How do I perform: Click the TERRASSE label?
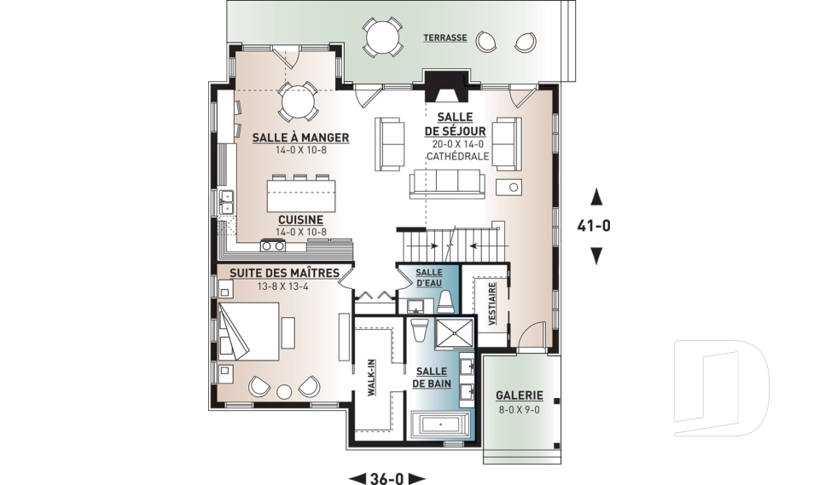click(x=445, y=38)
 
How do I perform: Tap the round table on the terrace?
click(x=383, y=38)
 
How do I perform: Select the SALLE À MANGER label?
click(x=301, y=138)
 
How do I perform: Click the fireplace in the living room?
click(x=445, y=87)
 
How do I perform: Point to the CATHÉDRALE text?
click(x=457, y=156)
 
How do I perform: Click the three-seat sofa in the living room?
click(x=448, y=184)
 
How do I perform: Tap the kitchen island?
click(x=302, y=193)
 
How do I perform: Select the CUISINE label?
click(x=300, y=220)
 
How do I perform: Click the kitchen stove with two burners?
click(x=273, y=245)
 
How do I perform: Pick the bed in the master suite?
click(x=248, y=331)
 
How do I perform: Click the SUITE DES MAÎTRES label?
click(x=285, y=273)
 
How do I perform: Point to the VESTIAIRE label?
click(x=492, y=303)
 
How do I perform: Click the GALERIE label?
click(x=520, y=396)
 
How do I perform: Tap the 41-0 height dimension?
click(x=594, y=226)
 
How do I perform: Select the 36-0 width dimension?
click(x=387, y=478)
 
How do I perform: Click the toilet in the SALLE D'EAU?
click(x=445, y=303)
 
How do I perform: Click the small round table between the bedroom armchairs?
click(x=284, y=391)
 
